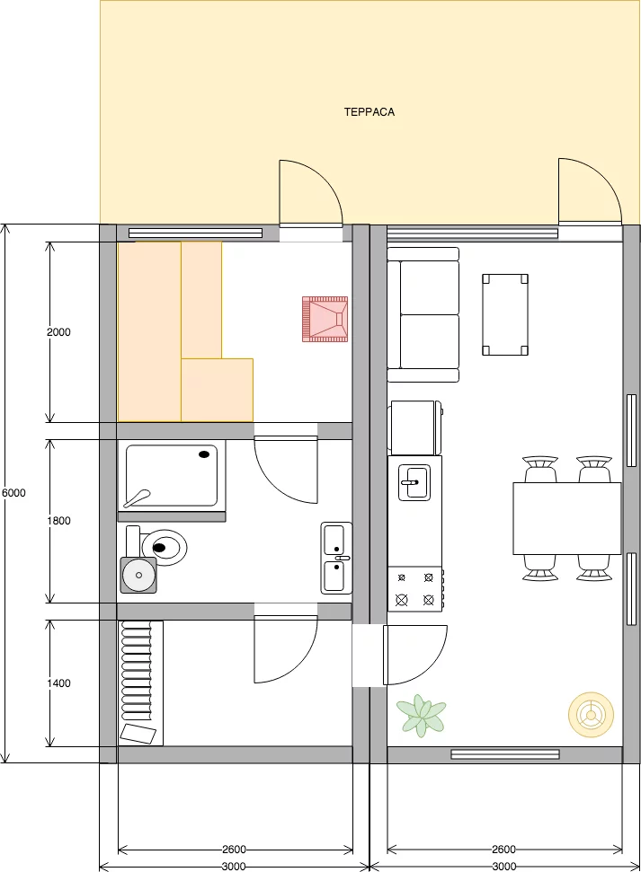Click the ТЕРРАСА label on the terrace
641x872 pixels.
pos(369,111)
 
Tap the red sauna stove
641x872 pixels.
pos(325,319)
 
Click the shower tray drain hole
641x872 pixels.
pos(205,454)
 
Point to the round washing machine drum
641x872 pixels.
pos(138,575)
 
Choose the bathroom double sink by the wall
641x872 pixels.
pos(336,558)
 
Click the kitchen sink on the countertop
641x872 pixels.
pos(414,482)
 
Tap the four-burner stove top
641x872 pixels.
pos(415,589)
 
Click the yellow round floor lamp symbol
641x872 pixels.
pos(591,715)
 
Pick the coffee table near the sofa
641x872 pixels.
pos(505,314)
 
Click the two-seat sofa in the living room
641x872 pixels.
pos(423,315)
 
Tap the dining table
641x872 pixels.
pos(567,519)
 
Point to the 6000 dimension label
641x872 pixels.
pos(13,493)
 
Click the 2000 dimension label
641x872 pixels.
pos(58,332)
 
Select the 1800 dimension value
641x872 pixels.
pos(58,521)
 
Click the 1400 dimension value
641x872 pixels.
pos(58,683)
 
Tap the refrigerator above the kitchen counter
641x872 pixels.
pos(415,427)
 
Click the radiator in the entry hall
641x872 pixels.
pos(136,672)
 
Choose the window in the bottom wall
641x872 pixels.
pos(505,754)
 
